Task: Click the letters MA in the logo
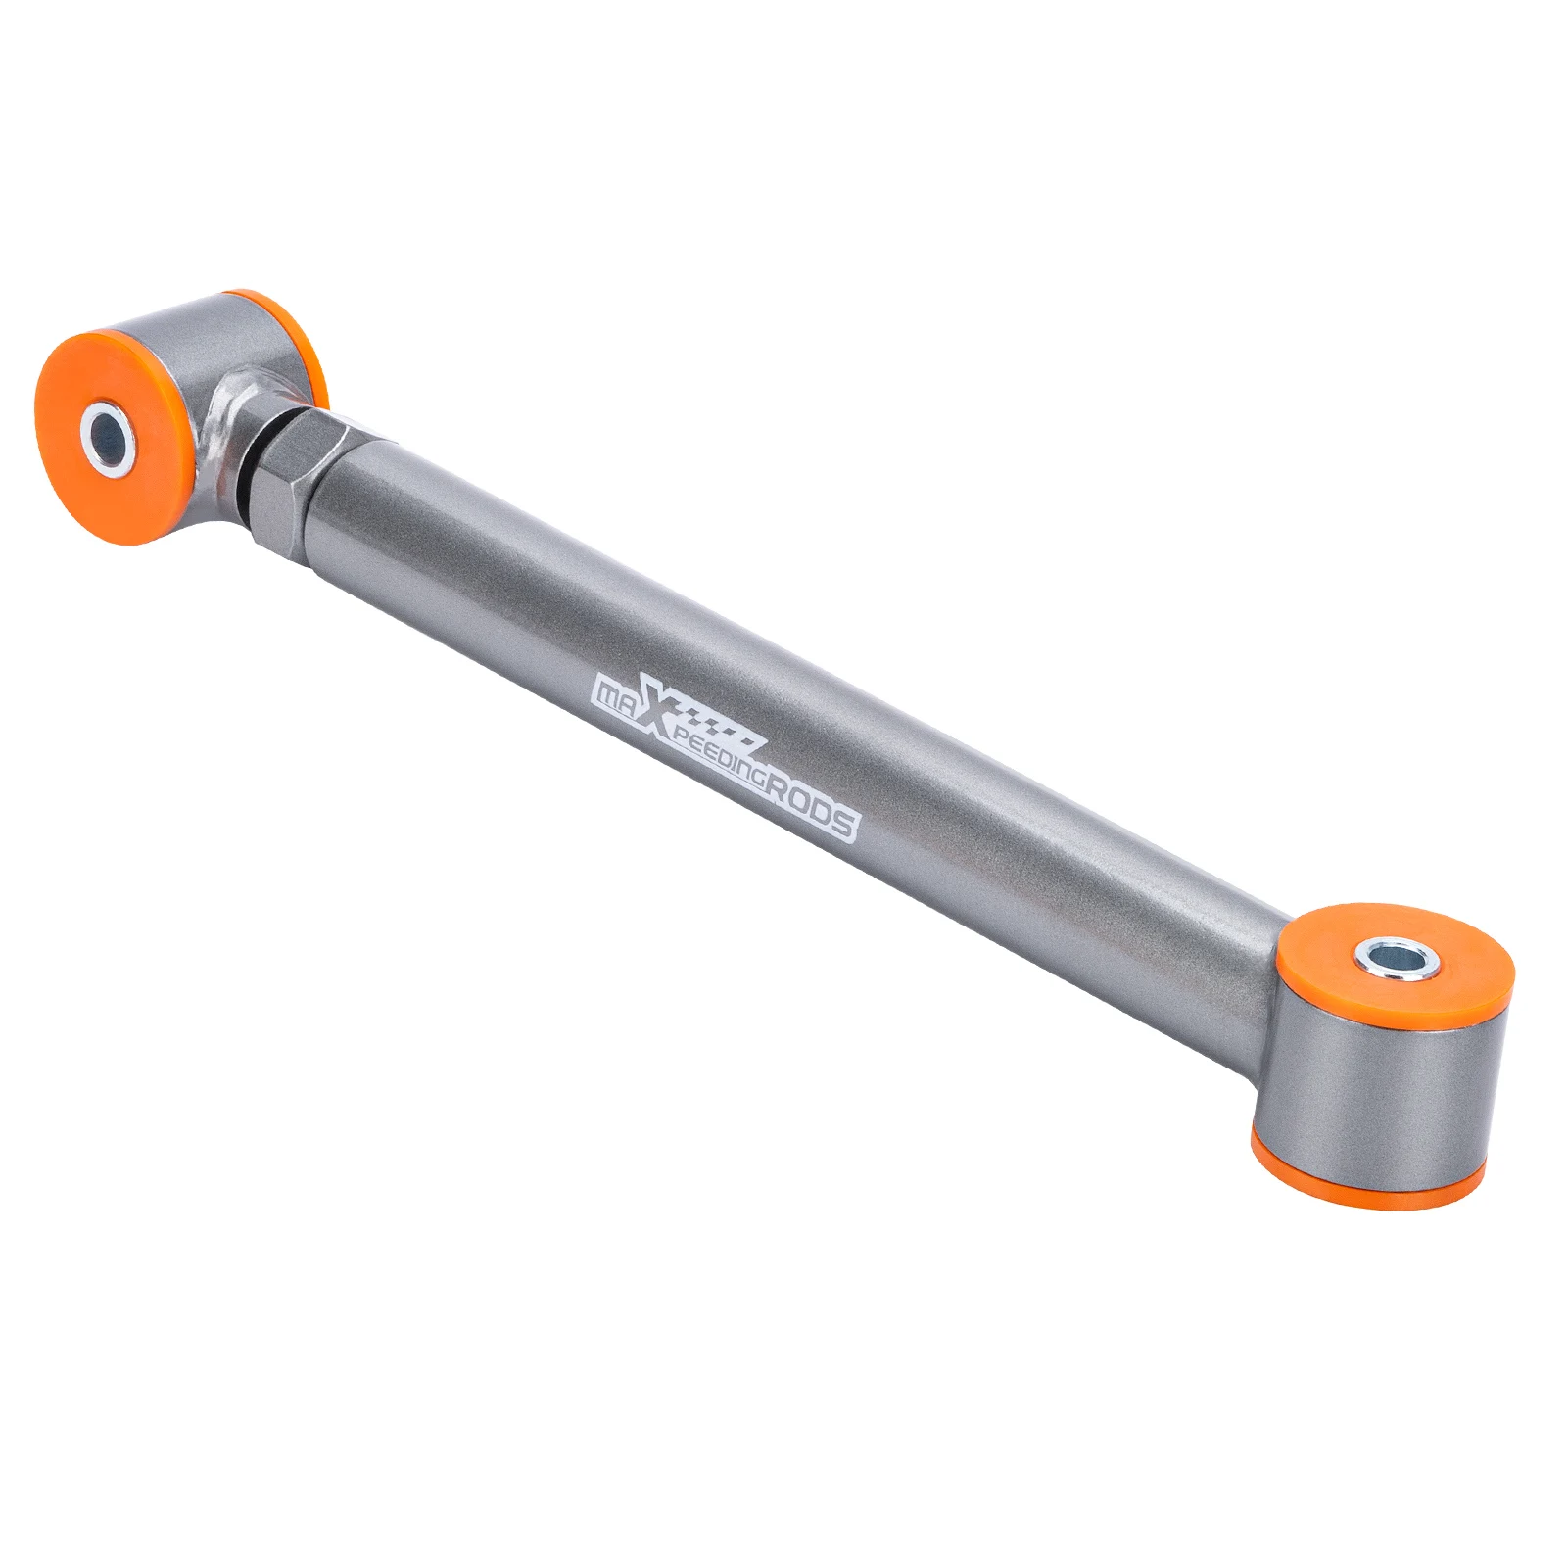(x=616, y=694)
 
